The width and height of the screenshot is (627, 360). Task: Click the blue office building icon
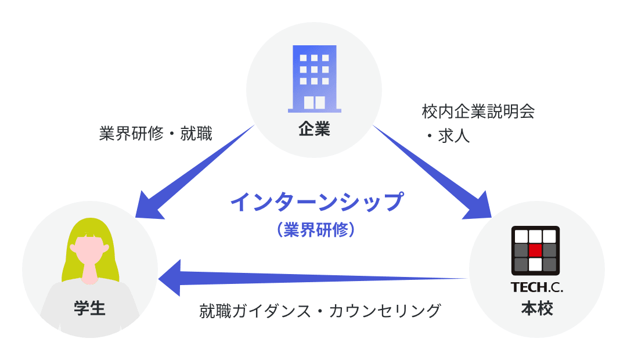[x=314, y=78]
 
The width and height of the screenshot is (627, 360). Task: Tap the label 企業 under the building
[x=314, y=129]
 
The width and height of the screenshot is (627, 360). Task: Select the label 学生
[x=90, y=308]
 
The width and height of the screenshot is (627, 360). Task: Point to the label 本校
[x=536, y=308]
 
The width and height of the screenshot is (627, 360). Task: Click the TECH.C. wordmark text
[x=536, y=287]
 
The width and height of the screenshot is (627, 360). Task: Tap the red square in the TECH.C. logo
[x=535, y=250]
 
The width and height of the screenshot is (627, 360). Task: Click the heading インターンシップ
[x=316, y=203]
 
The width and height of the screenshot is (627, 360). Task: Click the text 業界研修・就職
[x=156, y=134]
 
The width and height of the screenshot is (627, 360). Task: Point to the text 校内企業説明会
[x=478, y=111]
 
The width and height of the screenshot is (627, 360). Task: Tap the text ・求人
[x=446, y=136]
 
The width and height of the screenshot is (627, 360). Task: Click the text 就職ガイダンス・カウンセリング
[x=320, y=311]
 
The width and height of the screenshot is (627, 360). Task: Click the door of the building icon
[x=314, y=103]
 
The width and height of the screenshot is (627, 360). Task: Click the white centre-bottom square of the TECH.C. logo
[x=535, y=264]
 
